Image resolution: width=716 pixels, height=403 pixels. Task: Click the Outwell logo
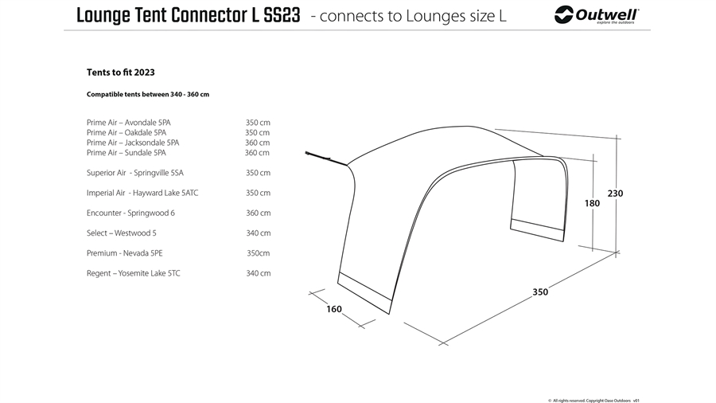point(597,15)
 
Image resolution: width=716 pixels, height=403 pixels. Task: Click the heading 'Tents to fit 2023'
point(121,72)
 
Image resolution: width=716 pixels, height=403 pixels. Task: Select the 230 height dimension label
point(615,194)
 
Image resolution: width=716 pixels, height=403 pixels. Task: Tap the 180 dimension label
point(592,203)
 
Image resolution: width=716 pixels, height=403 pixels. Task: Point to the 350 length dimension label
point(540,292)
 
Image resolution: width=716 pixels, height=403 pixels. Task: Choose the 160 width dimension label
point(334,309)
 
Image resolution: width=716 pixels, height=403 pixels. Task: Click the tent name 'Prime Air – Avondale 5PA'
point(128,123)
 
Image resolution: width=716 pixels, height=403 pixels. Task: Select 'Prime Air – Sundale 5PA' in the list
point(126,153)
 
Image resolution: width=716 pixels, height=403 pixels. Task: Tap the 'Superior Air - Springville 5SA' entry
point(134,173)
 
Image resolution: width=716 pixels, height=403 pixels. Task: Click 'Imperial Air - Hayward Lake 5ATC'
point(142,193)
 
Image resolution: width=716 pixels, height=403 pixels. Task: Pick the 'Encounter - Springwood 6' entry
point(130,213)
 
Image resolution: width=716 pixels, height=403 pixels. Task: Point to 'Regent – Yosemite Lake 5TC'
point(134,273)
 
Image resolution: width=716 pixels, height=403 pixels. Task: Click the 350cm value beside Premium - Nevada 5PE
point(258,253)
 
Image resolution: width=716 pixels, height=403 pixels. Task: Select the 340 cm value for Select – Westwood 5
point(258,233)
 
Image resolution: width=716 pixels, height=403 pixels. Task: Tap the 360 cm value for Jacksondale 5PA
point(257,143)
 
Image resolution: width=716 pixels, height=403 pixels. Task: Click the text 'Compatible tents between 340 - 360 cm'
point(148,95)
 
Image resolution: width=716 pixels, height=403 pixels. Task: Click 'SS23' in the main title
point(282,16)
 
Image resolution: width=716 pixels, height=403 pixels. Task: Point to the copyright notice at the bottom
point(593,401)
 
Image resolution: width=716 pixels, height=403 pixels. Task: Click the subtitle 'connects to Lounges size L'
point(412,16)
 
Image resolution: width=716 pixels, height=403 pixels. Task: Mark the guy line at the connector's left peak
point(326,158)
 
